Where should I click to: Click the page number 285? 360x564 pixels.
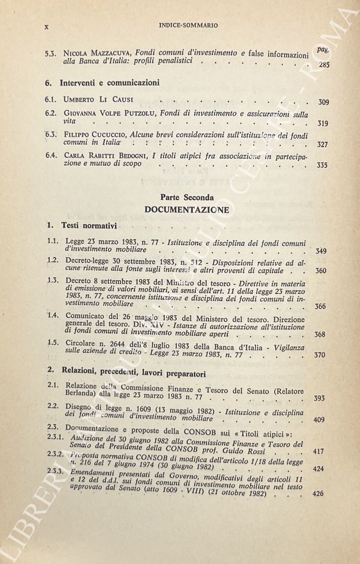pos(324,65)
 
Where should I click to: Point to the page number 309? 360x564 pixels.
pos(323,102)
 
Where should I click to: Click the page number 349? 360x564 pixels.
pos(321,251)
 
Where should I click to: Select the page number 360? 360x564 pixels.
pos(320,271)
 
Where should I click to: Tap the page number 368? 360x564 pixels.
pos(320,334)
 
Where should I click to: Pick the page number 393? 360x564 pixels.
pos(319,398)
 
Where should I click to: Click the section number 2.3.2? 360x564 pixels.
pos(53,455)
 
